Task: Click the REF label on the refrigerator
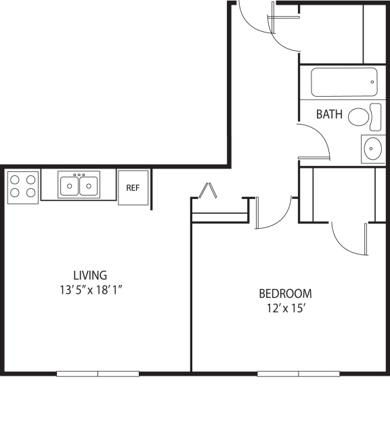133,187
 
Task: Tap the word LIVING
90,275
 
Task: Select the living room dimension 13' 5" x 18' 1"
91,290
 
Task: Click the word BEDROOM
285,294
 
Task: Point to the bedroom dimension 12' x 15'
286,309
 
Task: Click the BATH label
329,114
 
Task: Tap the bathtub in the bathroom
344,82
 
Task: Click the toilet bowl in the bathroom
359,116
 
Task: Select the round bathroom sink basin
372,148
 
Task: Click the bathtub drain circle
372,82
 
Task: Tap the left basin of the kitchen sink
69,186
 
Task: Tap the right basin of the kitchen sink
89,186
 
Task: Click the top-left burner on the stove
15,179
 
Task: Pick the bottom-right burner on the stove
30,193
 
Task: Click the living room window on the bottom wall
98,374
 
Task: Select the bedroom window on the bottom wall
299,374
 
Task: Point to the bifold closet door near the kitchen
208,190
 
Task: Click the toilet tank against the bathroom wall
375,117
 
